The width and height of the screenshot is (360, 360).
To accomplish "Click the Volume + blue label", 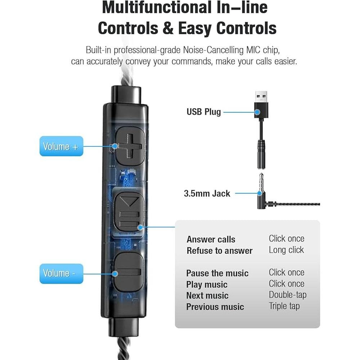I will [x=61, y=146].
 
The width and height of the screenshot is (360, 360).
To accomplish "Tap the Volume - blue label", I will [x=61, y=273].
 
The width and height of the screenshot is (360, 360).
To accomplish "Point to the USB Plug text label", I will [x=203, y=112].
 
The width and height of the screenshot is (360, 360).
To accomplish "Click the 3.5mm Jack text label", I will [x=207, y=193].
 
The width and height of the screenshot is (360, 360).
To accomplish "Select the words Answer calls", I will [x=211, y=239].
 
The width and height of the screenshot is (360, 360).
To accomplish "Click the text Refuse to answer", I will [x=220, y=251].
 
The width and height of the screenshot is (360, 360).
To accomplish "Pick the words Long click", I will [x=286, y=250].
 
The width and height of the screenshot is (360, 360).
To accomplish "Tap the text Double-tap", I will [x=288, y=295].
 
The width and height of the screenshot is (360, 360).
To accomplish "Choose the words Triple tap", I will [x=284, y=306].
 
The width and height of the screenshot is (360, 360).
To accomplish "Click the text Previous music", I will [x=215, y=307].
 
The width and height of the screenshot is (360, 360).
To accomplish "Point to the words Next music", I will [x=207, y=296].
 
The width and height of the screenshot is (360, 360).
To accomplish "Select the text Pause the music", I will [x=217, y=273].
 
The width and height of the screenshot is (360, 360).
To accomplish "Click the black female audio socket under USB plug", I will [x=262, y=155].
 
